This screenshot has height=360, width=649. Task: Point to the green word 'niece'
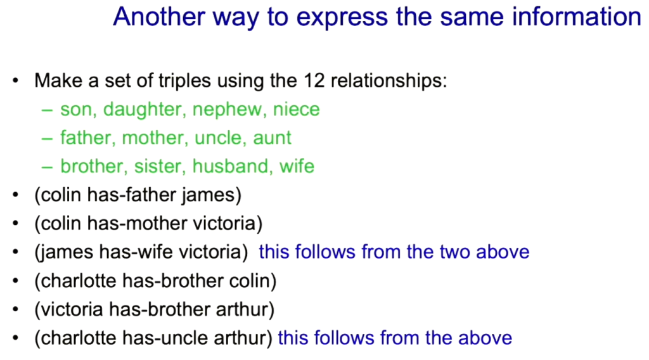(297, 109)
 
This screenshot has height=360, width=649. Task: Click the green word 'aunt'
(272, 138)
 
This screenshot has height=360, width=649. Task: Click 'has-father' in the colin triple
(132, 195)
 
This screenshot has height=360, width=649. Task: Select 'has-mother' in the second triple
(138, 224)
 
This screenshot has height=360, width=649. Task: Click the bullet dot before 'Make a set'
(16, 80)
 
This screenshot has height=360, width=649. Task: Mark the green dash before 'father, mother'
(47, 139)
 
